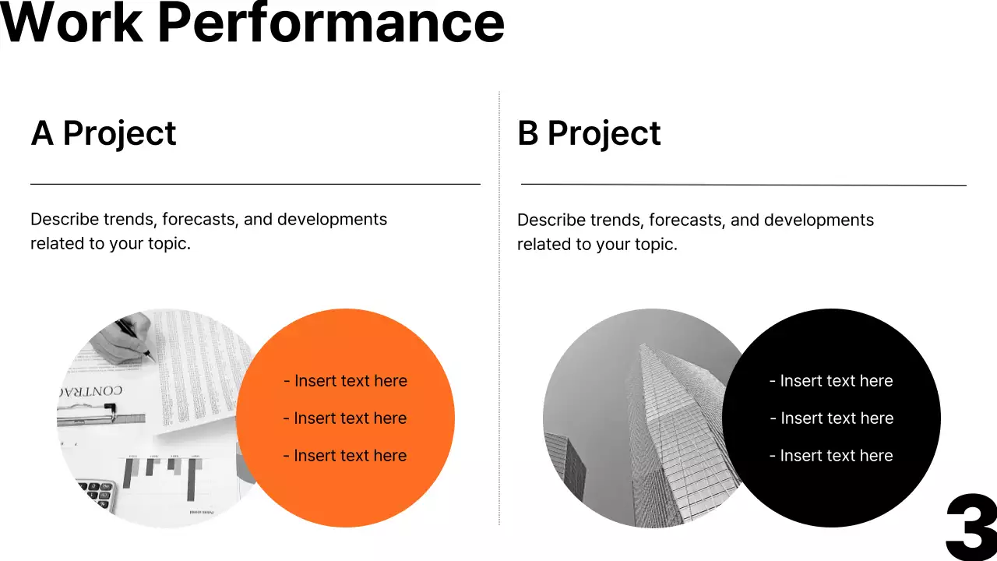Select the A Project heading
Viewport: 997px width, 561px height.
coord(104,133)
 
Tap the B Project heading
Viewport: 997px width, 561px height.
coord(589,133)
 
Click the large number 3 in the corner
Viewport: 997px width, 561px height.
coord(971,527)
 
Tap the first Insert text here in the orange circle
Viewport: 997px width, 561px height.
coord(345,381)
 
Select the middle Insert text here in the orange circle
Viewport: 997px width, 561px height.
coord(345,418)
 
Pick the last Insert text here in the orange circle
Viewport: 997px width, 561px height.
coord(345,456)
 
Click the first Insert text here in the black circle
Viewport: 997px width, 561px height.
coord(831,381)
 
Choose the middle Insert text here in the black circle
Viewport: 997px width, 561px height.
coord(831,418)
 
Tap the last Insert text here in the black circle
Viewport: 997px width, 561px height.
coord(831,456)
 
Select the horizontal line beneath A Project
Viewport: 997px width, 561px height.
coord(255,184)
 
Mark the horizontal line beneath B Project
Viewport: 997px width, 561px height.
coord(743,185)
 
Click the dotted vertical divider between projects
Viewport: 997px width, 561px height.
coord(499,312)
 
